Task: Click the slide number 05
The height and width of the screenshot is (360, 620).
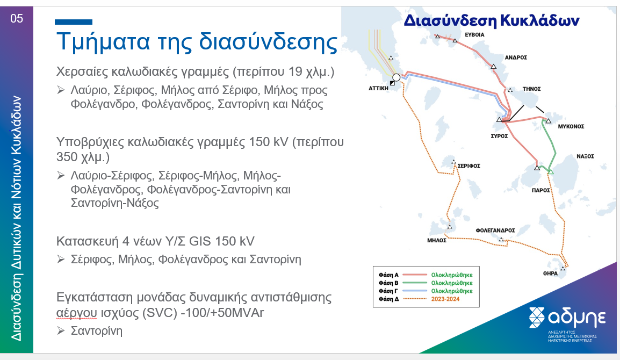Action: pyautogui.click(x=17, y=19)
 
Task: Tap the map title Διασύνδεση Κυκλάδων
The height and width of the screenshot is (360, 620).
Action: pyautogui.click(x=492, y=20)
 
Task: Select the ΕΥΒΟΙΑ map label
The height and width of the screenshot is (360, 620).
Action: pyautogui.click(x=474, y=35)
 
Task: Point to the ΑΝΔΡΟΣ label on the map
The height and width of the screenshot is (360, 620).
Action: pyautogui.click(x=516, y=57)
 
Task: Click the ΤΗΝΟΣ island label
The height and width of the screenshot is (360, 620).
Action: pyautogui.click(x=531, y=89)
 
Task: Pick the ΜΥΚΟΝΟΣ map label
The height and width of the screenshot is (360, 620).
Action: pyautogui.click(x=571, y=127)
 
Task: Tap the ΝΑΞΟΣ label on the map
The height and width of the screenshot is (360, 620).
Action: pyautogui.click(x=585, y=156)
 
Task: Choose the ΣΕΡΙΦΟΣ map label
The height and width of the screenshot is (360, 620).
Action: pyautogui.click(x=469, y=165)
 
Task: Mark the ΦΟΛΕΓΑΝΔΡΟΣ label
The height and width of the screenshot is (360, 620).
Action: pyautogui.click(x=495, y=231)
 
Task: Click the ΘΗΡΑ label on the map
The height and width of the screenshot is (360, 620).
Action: pyautogui.click(x=550, y=273)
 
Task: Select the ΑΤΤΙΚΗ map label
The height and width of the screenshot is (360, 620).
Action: pyautogui.click(x=378, y=88)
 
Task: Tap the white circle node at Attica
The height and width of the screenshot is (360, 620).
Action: pyautogui.click(x=396, y=77)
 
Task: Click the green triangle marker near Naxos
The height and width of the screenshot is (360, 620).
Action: pyautogui.click(x=551, y=172)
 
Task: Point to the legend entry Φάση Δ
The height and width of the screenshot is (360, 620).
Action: pyautogui.click(x=388, y=299)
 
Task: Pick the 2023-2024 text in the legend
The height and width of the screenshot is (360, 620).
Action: pyautogui.click(x=445, y=299)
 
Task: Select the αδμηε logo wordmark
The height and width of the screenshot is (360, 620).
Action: pyautogui.click(x=577, y=317)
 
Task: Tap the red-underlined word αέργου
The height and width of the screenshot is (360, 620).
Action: pyautogui.click(x=76, y=313)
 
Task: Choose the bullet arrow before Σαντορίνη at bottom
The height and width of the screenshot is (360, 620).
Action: pyautogui.click(x=61, y=330)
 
